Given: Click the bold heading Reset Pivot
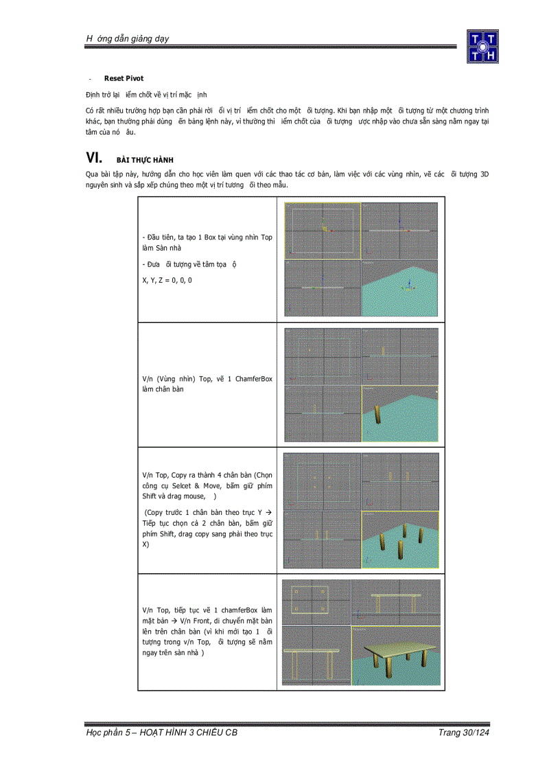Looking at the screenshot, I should [124, 78].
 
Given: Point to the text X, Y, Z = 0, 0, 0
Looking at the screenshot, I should [167, 280].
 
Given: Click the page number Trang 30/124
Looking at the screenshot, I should [463, 733].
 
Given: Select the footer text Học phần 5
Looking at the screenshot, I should [104, 733].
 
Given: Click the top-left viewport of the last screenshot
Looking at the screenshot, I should [316, 602].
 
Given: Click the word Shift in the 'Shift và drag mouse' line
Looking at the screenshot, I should [150, 496].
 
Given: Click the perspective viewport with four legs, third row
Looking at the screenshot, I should [400, 540].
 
